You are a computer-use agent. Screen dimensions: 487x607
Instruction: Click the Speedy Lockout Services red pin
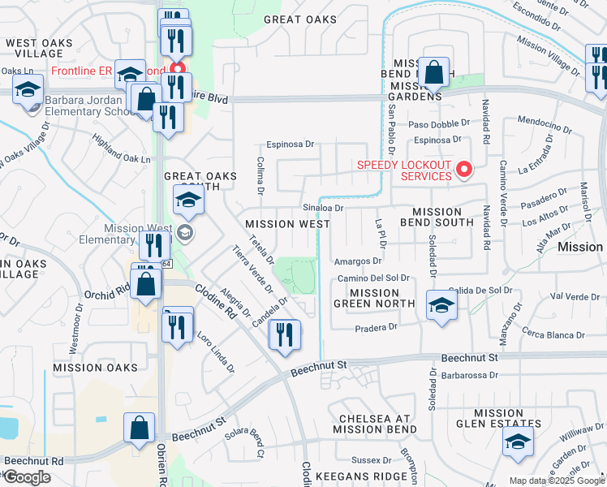click(464, 170)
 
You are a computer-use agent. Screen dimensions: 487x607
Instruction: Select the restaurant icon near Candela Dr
click(284, 336)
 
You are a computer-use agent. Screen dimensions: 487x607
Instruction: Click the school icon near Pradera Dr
click(441, 306)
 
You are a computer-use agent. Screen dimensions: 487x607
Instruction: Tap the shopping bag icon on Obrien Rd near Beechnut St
click(140, 427)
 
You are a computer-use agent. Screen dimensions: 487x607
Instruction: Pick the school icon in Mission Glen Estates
click(516, 443)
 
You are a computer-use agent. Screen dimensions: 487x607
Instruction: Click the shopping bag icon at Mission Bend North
click(435, 71)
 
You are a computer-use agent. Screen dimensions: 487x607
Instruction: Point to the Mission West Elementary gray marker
click(185, 235)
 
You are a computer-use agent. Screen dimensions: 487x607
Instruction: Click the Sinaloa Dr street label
click(324, 208)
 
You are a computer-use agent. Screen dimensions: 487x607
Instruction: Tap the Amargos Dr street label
click(357, 261)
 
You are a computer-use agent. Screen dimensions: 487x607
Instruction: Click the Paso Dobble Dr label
click(439, 124)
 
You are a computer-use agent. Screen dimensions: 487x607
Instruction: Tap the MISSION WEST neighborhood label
click(287, 224)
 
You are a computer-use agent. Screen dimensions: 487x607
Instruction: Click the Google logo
click(26, 477)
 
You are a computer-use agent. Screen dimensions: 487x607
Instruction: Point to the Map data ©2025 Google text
click(557, 481)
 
